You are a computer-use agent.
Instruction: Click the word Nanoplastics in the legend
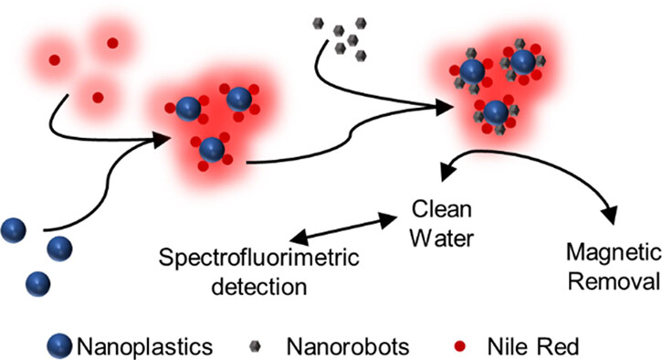(x=145, y=346)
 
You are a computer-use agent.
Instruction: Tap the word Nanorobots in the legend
(x=348, y=346)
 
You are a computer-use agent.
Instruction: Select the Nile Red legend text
(x=533, y=346)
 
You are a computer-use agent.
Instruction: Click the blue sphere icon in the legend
(x=59, y=346)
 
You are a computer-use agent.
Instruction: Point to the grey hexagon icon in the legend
(x=255, y=347)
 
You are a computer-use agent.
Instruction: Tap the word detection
(x=259, y=286)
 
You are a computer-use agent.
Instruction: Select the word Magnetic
(x=614, y=253)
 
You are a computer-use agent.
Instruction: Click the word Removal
(x=614, y=281)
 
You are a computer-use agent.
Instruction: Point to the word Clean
(x=442, y=209)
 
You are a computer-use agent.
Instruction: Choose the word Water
(x=442, y=238)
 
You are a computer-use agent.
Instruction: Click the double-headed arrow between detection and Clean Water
(x=343, y=228)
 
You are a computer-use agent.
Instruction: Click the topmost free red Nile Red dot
(x=112, y=43)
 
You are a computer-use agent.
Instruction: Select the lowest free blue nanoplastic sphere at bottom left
(x=38, y=284)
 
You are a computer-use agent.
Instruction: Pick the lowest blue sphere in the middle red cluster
(x=212, y=150)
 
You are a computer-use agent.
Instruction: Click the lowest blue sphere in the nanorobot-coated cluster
(x=496, y=112)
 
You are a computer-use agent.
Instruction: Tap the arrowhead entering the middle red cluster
(x=161, y=141)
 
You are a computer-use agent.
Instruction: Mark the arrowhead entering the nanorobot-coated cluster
(x=444, y=107)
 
